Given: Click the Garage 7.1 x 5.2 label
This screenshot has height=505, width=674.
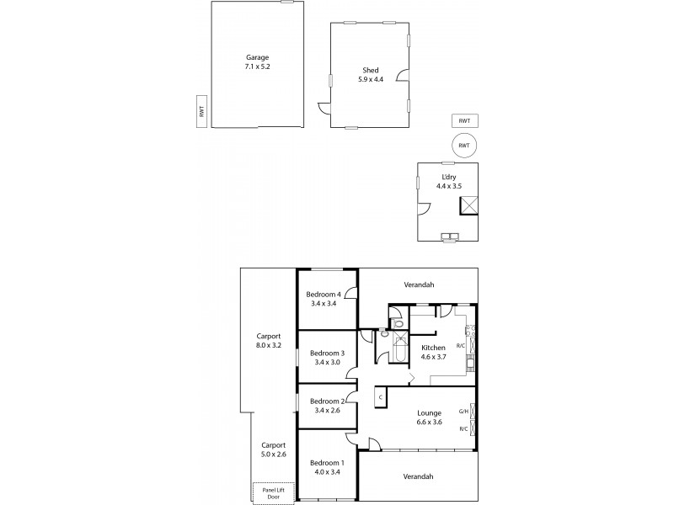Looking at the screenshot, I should (257, 61).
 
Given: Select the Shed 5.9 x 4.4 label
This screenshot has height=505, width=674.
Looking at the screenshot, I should (370, 75).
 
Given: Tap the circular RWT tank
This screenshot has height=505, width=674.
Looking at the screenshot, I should (463, 145).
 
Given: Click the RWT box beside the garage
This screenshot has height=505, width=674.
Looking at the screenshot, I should (201, 110).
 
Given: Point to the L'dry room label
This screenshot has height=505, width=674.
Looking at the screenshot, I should (447, 180).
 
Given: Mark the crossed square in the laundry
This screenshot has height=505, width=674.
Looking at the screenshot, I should (473, 203).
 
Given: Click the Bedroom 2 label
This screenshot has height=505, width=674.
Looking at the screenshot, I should (327, 401).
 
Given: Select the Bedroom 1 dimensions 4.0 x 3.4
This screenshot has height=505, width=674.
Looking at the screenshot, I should (327, 471).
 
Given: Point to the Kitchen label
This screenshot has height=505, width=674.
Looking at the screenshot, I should (433, 348).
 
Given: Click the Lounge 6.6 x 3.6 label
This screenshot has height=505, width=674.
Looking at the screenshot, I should (430, 417).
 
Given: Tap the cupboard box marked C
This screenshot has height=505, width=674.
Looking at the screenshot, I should (381, 397).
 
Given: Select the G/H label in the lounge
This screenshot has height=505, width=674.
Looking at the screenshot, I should (463, 412).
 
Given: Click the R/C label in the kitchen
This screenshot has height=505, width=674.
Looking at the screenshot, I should (461, 346).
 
